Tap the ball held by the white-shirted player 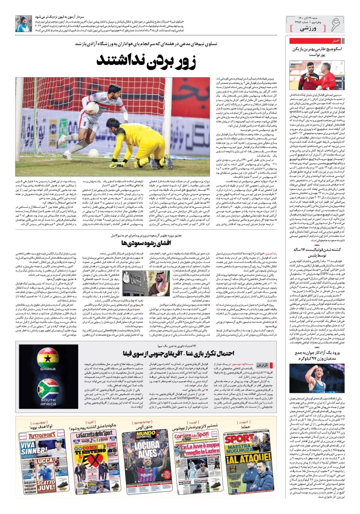click(x=92, y=108)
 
